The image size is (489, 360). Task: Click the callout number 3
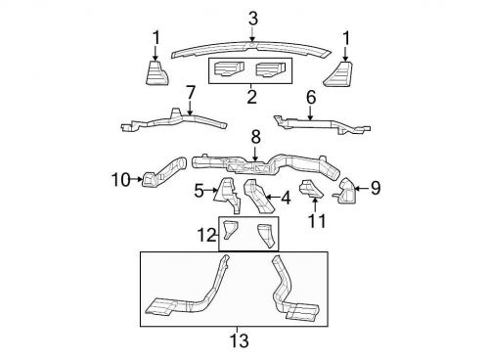pos(253,18)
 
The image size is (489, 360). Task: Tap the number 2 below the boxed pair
pos(251,97)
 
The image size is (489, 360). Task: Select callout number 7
pos(191,92)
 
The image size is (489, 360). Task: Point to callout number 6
pos(311,97)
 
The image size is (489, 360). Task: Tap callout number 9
pos(375,187)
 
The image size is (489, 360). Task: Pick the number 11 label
pos(315,222)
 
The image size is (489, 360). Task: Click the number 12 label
pos(204,235)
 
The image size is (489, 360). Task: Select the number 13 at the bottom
pos(239,340)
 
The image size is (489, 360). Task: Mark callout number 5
pos(198,190)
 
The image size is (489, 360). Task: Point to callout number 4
pos(285,199)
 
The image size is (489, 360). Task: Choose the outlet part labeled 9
pos(347,192)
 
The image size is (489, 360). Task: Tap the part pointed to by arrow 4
pos(258,196)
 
